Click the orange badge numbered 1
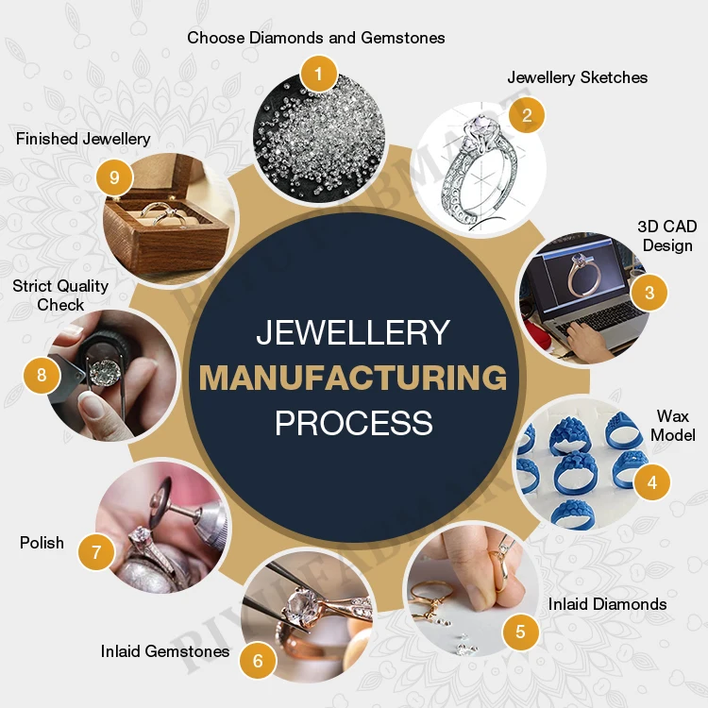(x=319, y=73)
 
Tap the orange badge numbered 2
(x=527, y=115)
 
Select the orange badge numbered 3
(x=649, y=292)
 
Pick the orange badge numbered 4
(x=651, y=482)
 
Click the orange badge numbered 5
(x=520, y=632)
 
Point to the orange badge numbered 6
(x=258, y=661)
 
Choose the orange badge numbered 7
(x=95, y=550)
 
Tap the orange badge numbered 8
(x=42, y=375)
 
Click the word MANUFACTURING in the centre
(x=353, y=378)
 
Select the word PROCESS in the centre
(x=353, y=422)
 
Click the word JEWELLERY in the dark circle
(x=353, y=333)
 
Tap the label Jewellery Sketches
(x=578, y=77)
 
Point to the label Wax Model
(x=673, y=426)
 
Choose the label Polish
(x=42, y=543)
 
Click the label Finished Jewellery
(x=83, y=139)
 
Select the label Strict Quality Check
(x=60, y=295)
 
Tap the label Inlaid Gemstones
(x=165, y=651)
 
